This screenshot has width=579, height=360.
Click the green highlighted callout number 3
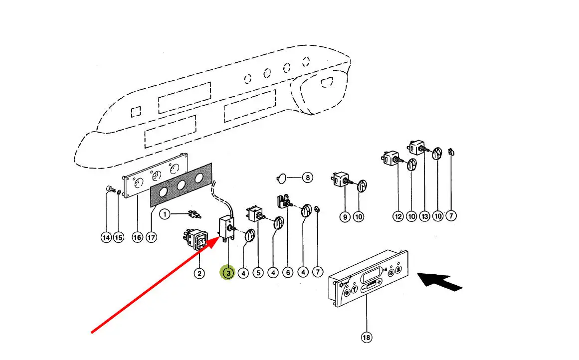pyautogui.click(x=228, y=273)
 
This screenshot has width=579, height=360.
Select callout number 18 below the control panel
pyautogui.click(x=367, y=338)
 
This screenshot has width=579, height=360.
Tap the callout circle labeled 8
pyautogui.click(x=308, y=177)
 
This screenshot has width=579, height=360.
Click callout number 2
pyautogui.click(x=199, y=273)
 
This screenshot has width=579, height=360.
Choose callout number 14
pyautogui.click(x=106, y=238)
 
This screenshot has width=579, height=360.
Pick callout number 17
pyautogui.click(x=151, y=238)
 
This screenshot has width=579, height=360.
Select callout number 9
pyautogui.click(x=345, y=216)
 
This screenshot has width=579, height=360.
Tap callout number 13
pyautogui.click(x=424, y=216)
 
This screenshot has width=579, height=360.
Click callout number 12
pyautogui.click(x=398, y=216)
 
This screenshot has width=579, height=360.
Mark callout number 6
pyautogui.click(x=288, y=273)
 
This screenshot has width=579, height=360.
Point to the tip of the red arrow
pyautogui.click(x=217, y=239)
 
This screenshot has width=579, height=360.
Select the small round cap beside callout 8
pyautogui.click(x=281, y=177)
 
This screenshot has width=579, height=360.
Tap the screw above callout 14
pyautogui.click(x=109, y=190)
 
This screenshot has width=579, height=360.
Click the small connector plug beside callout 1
pyautogui.click(x=194, y=215)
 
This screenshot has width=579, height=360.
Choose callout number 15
pyautogui.click(x=118, y=238)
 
